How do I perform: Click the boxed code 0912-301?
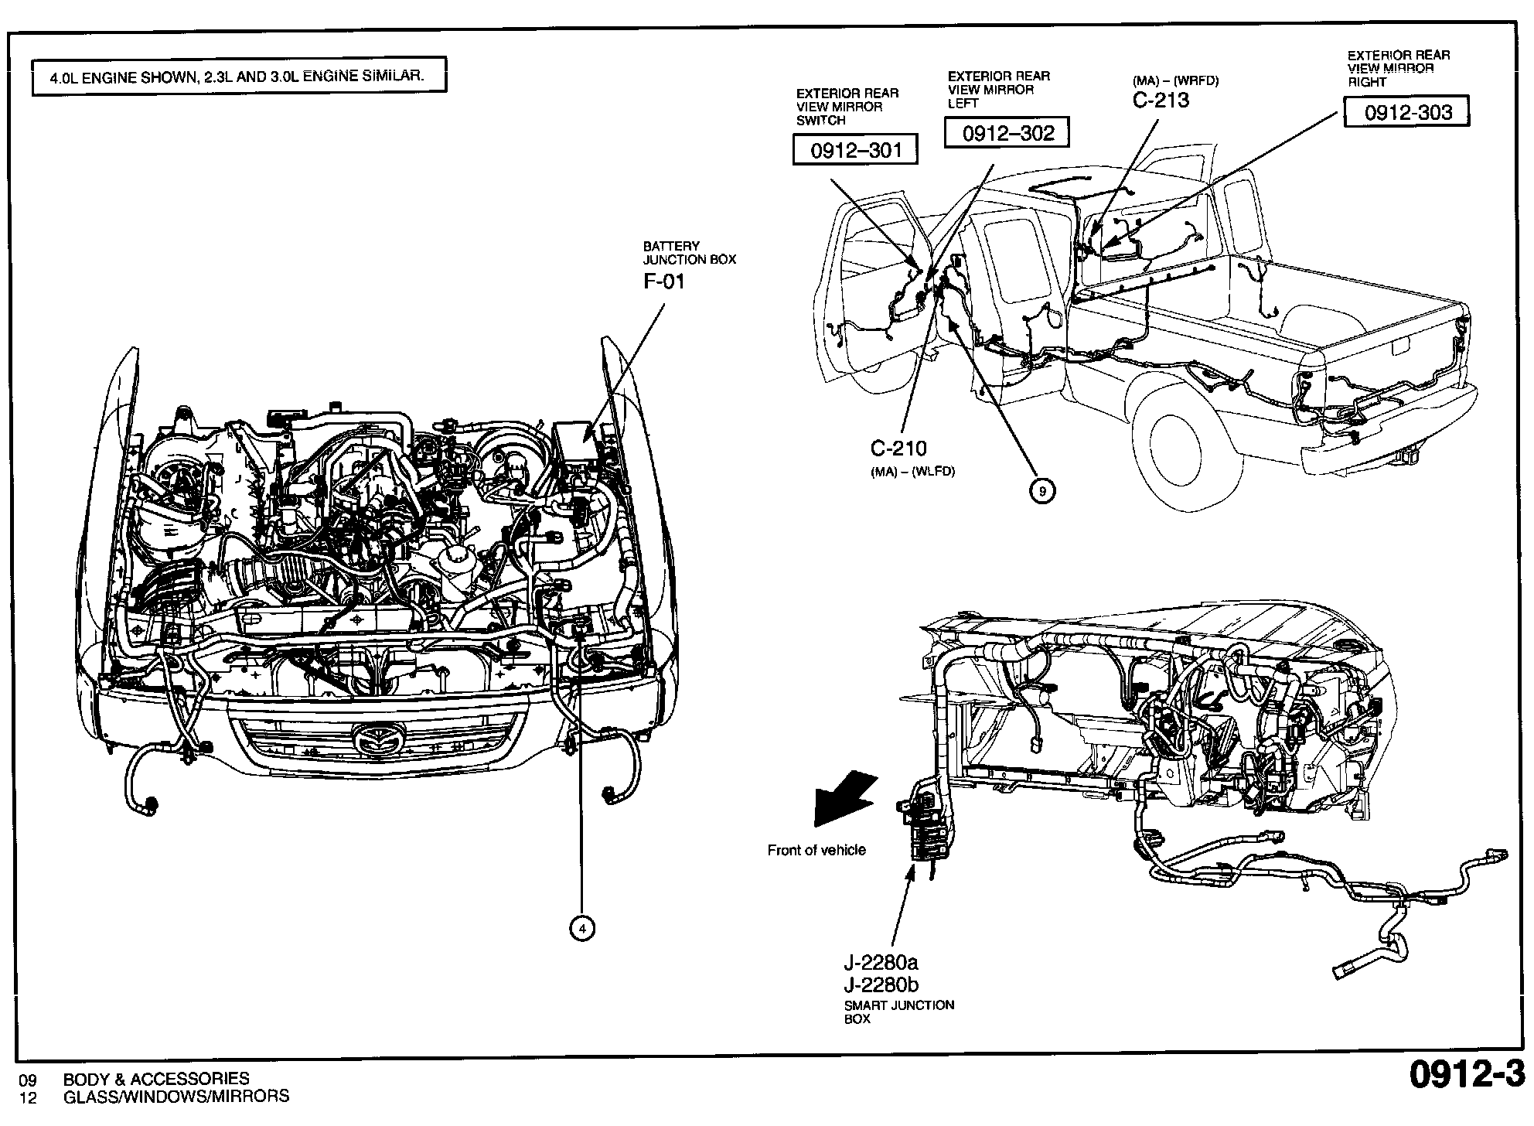coord(855,149)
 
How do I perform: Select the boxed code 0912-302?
coord(1007,133)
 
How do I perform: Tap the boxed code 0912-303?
coord(1407,112)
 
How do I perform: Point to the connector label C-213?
coord(1161,100)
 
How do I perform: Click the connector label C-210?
coord(898,448)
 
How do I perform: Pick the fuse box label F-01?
coord(664,281)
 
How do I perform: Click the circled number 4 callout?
coord(582,927)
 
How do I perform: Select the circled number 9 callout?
coord(1042,490)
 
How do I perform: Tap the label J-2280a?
coord(881,963)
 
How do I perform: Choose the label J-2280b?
coord(881,984)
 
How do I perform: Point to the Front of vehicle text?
coord(816,850)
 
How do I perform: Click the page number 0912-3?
coord(1466,1076)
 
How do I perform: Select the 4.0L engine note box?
coord(238,77)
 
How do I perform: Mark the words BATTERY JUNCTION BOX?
coord(690,253)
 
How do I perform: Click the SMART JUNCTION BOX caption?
coord(898,1012)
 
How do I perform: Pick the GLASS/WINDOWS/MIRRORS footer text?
coord(176,1096)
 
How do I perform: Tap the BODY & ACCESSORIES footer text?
coord(156,1078)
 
